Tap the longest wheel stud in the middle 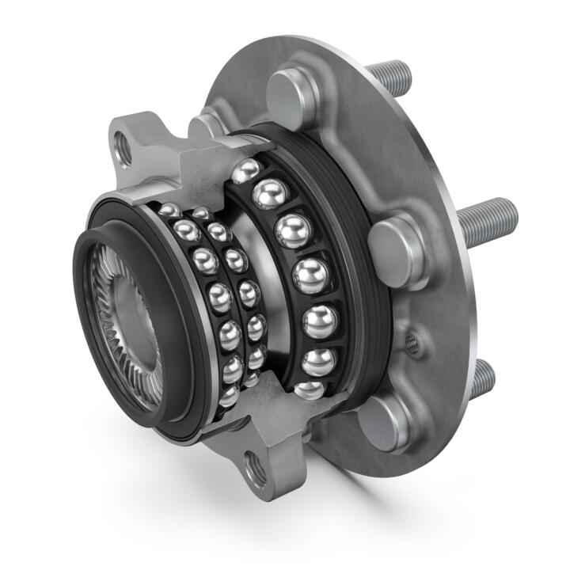[x=487, y=214]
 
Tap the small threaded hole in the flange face [x=409, y=342]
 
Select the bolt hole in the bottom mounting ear [x=255, y=473]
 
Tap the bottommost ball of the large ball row [x=310, y=388]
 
